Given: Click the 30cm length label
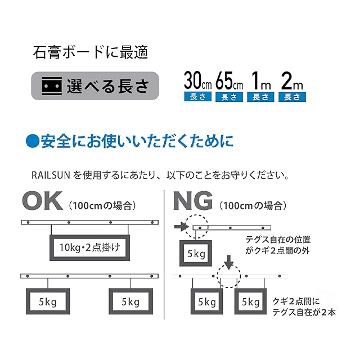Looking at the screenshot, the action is tap(196, 82).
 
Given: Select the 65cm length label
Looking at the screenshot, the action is tap(228, 82).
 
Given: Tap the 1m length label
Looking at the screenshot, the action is tap(261, 82).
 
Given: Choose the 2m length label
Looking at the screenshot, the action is tap(292, 82).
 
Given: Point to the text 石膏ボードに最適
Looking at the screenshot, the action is tap(89, 53).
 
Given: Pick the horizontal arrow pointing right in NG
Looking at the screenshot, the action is tap(181, 227).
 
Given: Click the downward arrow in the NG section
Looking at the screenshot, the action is tap(228, 262).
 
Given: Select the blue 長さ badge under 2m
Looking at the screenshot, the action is tap(292, 97).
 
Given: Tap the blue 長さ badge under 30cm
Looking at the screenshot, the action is tap(196, 97).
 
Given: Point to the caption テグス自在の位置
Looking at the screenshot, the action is tap(274, 240).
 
